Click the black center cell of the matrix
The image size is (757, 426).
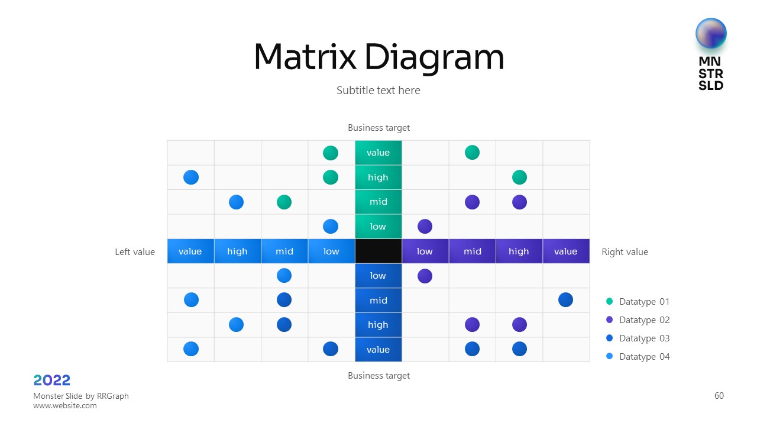tap(378, 251)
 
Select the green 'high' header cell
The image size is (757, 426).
tap(378, 177)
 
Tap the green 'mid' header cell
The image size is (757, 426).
tap(378, 202)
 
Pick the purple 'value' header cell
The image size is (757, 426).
tap(565, 251)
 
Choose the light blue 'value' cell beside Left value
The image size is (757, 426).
tap(190, 251)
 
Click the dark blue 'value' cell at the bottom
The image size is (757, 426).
tap(378, 350)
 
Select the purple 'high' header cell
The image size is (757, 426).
tap(519, 251)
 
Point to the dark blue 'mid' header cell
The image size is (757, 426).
tap(378, 301)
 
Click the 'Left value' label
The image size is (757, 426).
tap(135, 252)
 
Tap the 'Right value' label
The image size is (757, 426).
tap(625, 252)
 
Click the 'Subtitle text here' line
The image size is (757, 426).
tap(378, 91)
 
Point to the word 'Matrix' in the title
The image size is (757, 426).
tap(305, 57)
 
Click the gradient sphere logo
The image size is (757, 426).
tap(711, 33)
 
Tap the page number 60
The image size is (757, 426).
tap(719, 396)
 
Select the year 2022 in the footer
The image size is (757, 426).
tap(52, 380)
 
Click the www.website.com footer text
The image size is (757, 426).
tap(65, 406)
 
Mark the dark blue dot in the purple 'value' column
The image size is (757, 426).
tap(565, 300)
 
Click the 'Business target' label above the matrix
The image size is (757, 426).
tap(378, 128)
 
